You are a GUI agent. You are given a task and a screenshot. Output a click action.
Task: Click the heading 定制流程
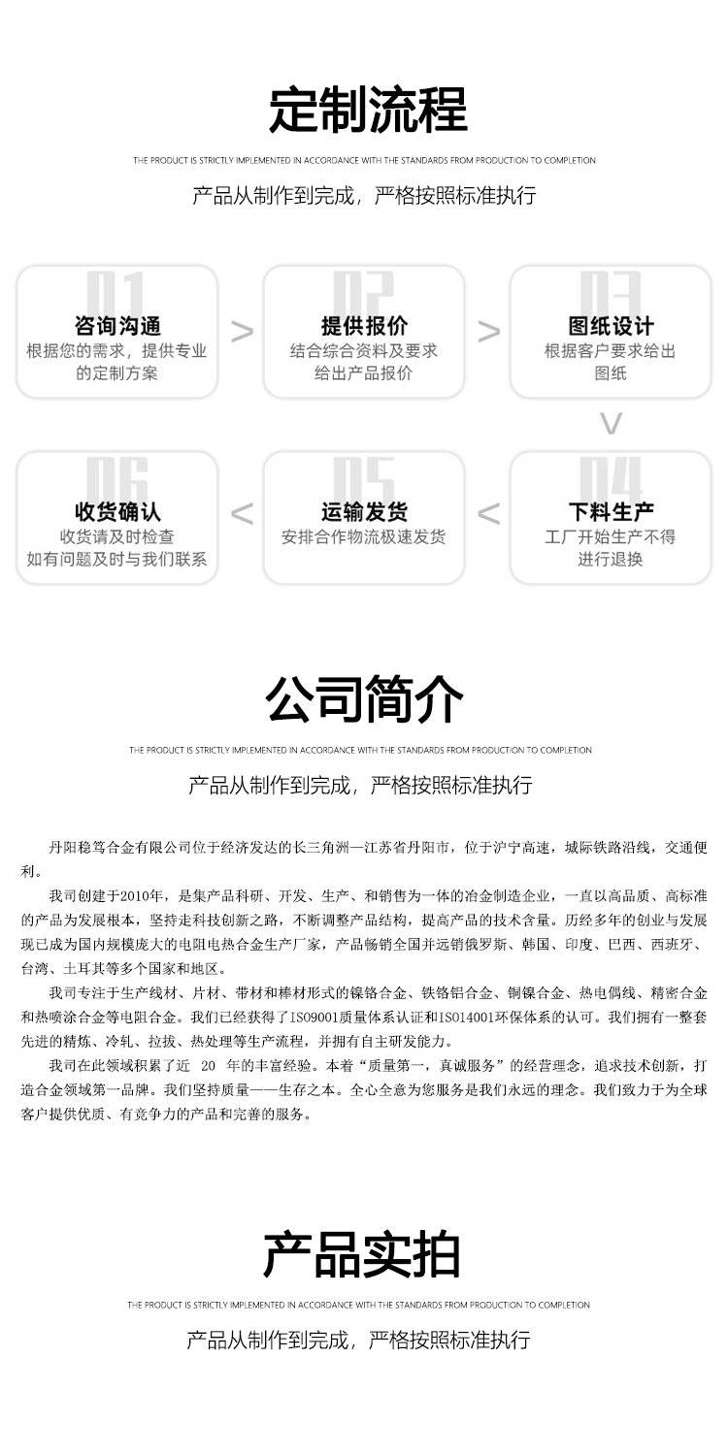(x=367, y=110)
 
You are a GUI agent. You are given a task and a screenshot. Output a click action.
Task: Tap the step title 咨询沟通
(x=117, y=326)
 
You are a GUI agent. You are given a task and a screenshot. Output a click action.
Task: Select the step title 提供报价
(x=364, y=326)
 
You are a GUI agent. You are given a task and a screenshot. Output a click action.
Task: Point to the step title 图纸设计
(x=611, y=326)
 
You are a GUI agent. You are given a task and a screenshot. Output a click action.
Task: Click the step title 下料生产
(x=611, y=511)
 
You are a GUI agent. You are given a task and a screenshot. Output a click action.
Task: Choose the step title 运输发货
(x=364, y=511)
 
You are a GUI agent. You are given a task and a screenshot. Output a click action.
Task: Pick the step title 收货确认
(x=117, y=511)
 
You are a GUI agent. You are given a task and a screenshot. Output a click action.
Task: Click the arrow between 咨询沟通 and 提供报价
(x=242, y=332)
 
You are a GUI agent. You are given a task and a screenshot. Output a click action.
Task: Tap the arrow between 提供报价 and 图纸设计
(x=489, y=332)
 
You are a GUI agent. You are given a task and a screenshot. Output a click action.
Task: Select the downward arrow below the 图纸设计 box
(x=611, y=424)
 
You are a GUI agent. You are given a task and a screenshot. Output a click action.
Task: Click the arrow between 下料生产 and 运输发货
(x=489, y=514)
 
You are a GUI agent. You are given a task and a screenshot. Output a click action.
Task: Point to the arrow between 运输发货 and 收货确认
(x=242, y=514)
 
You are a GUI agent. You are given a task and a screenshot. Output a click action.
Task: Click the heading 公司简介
(x=364, y=699)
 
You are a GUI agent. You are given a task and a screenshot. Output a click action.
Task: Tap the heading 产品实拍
(x=361, y=1254)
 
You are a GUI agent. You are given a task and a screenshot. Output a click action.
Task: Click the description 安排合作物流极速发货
(x=364, y=537)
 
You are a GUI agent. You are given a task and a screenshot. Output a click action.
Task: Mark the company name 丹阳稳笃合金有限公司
(x=129, y=847)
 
